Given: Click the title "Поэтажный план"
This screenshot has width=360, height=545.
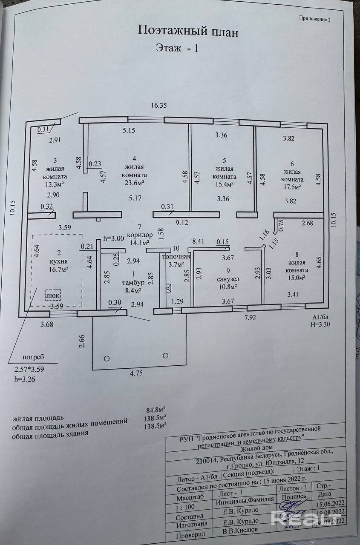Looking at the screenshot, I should (187, 31).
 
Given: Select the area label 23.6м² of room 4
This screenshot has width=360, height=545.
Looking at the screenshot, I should (134, 183).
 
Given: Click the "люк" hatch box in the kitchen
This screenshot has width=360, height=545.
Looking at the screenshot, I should (53, 294).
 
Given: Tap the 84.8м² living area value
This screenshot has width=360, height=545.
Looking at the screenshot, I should (156, 411).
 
